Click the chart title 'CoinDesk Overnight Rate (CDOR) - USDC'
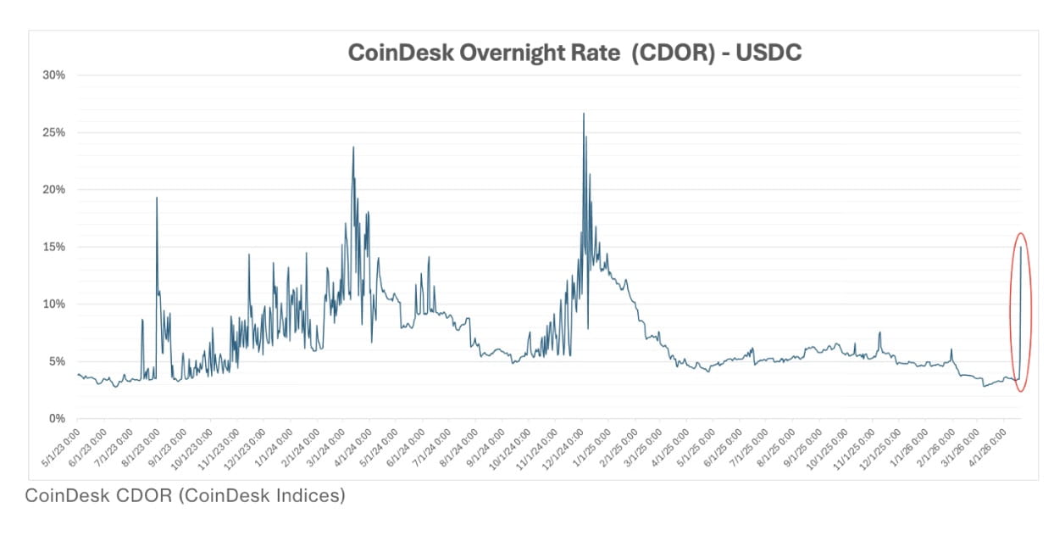click(x=574, y=53)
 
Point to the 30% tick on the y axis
click(x=54, y=75)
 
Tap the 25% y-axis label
click(x=54, y=132)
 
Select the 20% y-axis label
click(x=54, y=190)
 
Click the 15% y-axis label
click(x=54, y=247)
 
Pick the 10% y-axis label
click(x=54, y=304)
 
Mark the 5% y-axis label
click(x=57, y=361)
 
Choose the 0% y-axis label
click(x=57, y=418)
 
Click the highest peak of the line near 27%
click(x=584, y=114)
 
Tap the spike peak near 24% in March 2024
click(x=353, y=148)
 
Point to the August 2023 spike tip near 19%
click(x=157, y=198)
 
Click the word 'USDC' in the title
click(x=768, y=53)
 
